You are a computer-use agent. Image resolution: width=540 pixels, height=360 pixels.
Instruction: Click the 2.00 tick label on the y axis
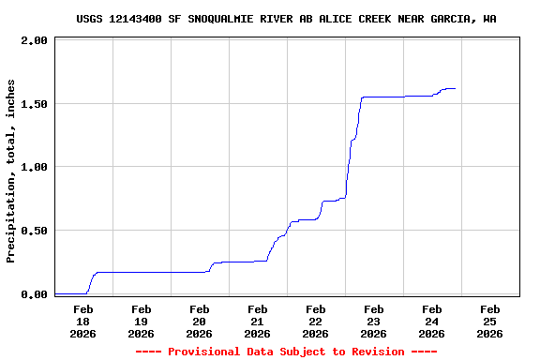(x=34, y=41)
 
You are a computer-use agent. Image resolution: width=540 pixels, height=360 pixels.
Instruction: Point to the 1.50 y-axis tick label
(x=34, y=104)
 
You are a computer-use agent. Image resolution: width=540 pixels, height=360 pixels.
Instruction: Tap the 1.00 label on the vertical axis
(x=34, y=167)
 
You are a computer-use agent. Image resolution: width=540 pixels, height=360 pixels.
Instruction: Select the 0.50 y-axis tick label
(x=34, y=231)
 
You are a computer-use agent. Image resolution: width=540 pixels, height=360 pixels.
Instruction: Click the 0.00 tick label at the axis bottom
(x=34, y=294)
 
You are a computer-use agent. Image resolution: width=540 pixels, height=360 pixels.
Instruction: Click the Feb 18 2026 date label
(x=82, y=321)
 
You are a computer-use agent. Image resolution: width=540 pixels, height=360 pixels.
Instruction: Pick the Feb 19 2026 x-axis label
(x=141, y=321)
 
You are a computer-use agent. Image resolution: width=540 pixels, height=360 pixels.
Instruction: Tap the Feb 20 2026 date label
(x=199, y=321)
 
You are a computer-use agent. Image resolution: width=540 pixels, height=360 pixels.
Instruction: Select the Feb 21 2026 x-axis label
(x=257, y=321)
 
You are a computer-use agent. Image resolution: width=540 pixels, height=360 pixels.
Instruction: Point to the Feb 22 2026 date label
(x=315, y=321)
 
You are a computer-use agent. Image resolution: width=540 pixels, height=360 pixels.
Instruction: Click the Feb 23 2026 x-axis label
(x=373, y=321)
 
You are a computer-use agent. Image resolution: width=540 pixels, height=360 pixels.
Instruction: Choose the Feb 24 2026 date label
(x=431, y=321)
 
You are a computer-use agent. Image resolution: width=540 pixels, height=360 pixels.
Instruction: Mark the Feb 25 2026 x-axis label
(x=489, y=321)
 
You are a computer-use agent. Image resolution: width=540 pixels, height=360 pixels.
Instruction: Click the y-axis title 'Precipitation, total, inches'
(x=11, y=171)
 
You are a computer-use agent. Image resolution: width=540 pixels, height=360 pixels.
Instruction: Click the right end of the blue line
(x=455, y=88)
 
